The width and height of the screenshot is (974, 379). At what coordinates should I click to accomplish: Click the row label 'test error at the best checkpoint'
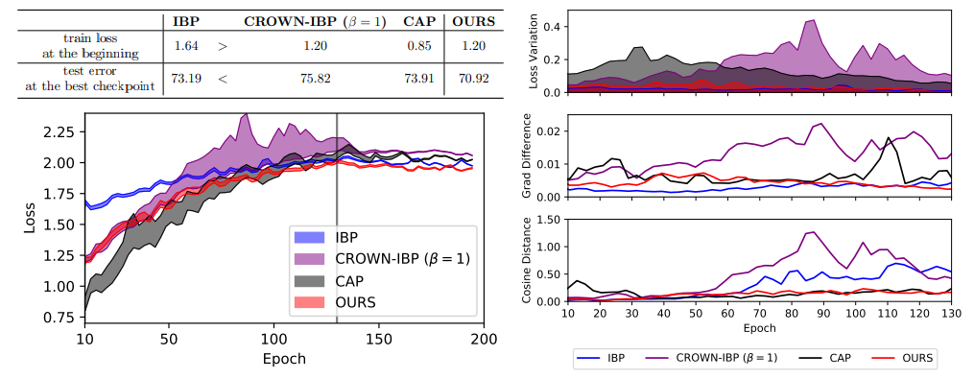(83, 79)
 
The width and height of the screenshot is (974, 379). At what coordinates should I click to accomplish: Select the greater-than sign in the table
(223, 44)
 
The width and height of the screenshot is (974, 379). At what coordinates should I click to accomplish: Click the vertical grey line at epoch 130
(337, 192)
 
